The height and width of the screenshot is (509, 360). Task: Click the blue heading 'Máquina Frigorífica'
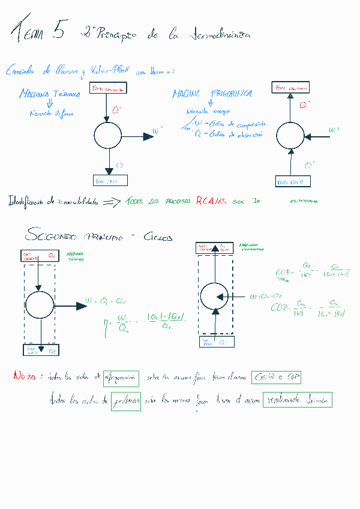coord(212,94)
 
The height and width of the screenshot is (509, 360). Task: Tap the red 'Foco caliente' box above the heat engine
coord(109,89)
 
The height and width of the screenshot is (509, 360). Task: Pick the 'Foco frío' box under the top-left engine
coord(110,180)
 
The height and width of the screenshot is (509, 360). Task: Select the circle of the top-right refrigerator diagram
coord(290,135)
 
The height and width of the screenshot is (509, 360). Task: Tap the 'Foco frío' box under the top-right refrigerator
coord(293,181)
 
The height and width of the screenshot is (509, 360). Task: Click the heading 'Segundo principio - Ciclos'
coord(99,236)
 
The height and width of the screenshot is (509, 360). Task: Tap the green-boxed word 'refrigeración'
coord(121,379)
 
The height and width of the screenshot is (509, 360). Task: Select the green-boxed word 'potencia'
coord(126,402)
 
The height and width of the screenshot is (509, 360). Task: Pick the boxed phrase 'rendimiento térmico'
coord(297,400)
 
